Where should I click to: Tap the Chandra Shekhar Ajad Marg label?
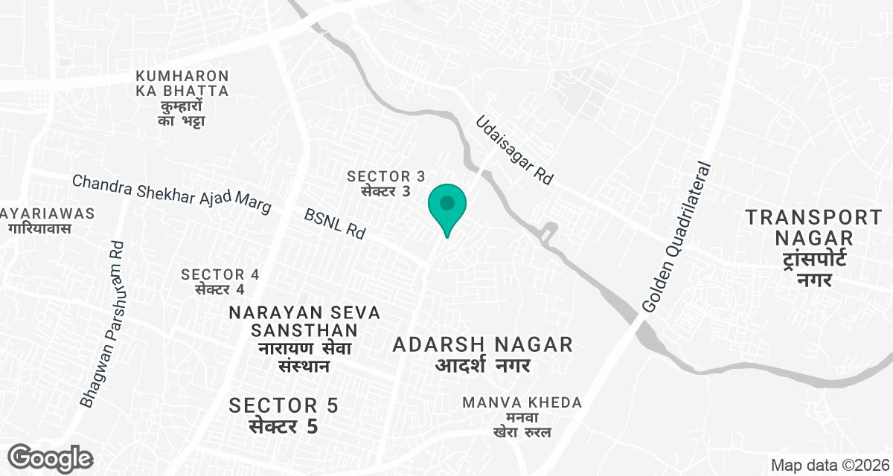[x=170, y=195]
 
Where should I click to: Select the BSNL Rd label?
[x=336, y=223]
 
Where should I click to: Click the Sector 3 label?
[x=386, y=176]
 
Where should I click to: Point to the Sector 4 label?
[x=220, y=274]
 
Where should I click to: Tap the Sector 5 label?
[x=284, y=405]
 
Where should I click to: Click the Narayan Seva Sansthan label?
[x=305, y=321]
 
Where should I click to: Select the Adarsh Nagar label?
[x=483, y=344]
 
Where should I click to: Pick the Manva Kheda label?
[x=522, y=402]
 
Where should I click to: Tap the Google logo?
[x=51, y=457]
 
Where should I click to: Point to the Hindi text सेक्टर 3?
[x=386, y=190]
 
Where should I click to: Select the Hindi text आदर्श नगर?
[x=483, y=364]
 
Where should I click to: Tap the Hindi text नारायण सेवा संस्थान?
[x=305, y=357]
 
